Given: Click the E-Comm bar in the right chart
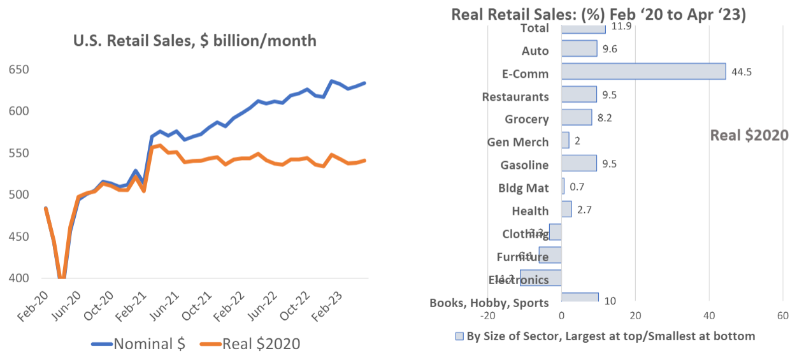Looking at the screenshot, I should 643,71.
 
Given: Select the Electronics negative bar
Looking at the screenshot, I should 541,278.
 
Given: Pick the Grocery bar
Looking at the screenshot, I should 577,117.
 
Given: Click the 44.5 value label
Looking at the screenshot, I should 742,72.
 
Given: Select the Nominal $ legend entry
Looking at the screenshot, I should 138,344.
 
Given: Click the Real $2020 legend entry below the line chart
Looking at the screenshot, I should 250,344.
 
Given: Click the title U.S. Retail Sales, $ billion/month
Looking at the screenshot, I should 195,41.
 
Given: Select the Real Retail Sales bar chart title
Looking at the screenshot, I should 598,15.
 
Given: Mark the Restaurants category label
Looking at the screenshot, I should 515,97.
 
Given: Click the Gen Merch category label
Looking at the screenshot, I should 518,142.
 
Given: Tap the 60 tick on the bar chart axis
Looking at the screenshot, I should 782,316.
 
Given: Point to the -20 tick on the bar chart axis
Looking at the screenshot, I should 487,316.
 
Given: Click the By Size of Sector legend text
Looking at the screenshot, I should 611,336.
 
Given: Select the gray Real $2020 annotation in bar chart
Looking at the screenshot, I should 749,135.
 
